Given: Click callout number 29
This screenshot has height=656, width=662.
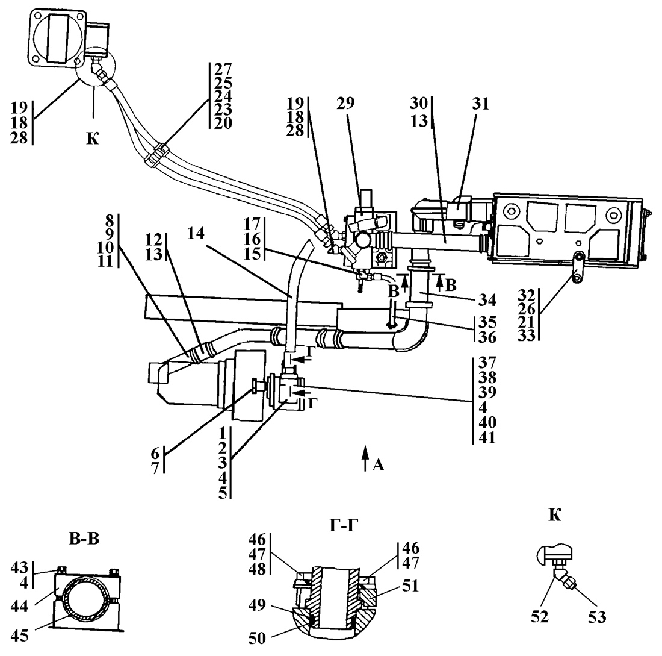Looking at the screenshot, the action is (345, 103).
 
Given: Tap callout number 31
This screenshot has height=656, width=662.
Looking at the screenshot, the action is (480, 104).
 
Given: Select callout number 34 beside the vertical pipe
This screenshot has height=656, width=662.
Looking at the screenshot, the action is (487, 300).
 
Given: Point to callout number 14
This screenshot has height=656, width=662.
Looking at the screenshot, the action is (196, 233).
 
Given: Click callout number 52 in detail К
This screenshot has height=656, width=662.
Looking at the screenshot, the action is (540, 617).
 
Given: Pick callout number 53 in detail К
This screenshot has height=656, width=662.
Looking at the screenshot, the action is (596, 617).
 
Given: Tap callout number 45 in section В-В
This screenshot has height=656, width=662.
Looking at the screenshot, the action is (19, 636).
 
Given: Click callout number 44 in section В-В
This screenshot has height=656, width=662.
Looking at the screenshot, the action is (19, 606).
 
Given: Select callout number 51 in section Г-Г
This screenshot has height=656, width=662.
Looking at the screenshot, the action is (410, 586).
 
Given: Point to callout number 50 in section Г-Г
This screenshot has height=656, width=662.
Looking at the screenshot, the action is (257, 639).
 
